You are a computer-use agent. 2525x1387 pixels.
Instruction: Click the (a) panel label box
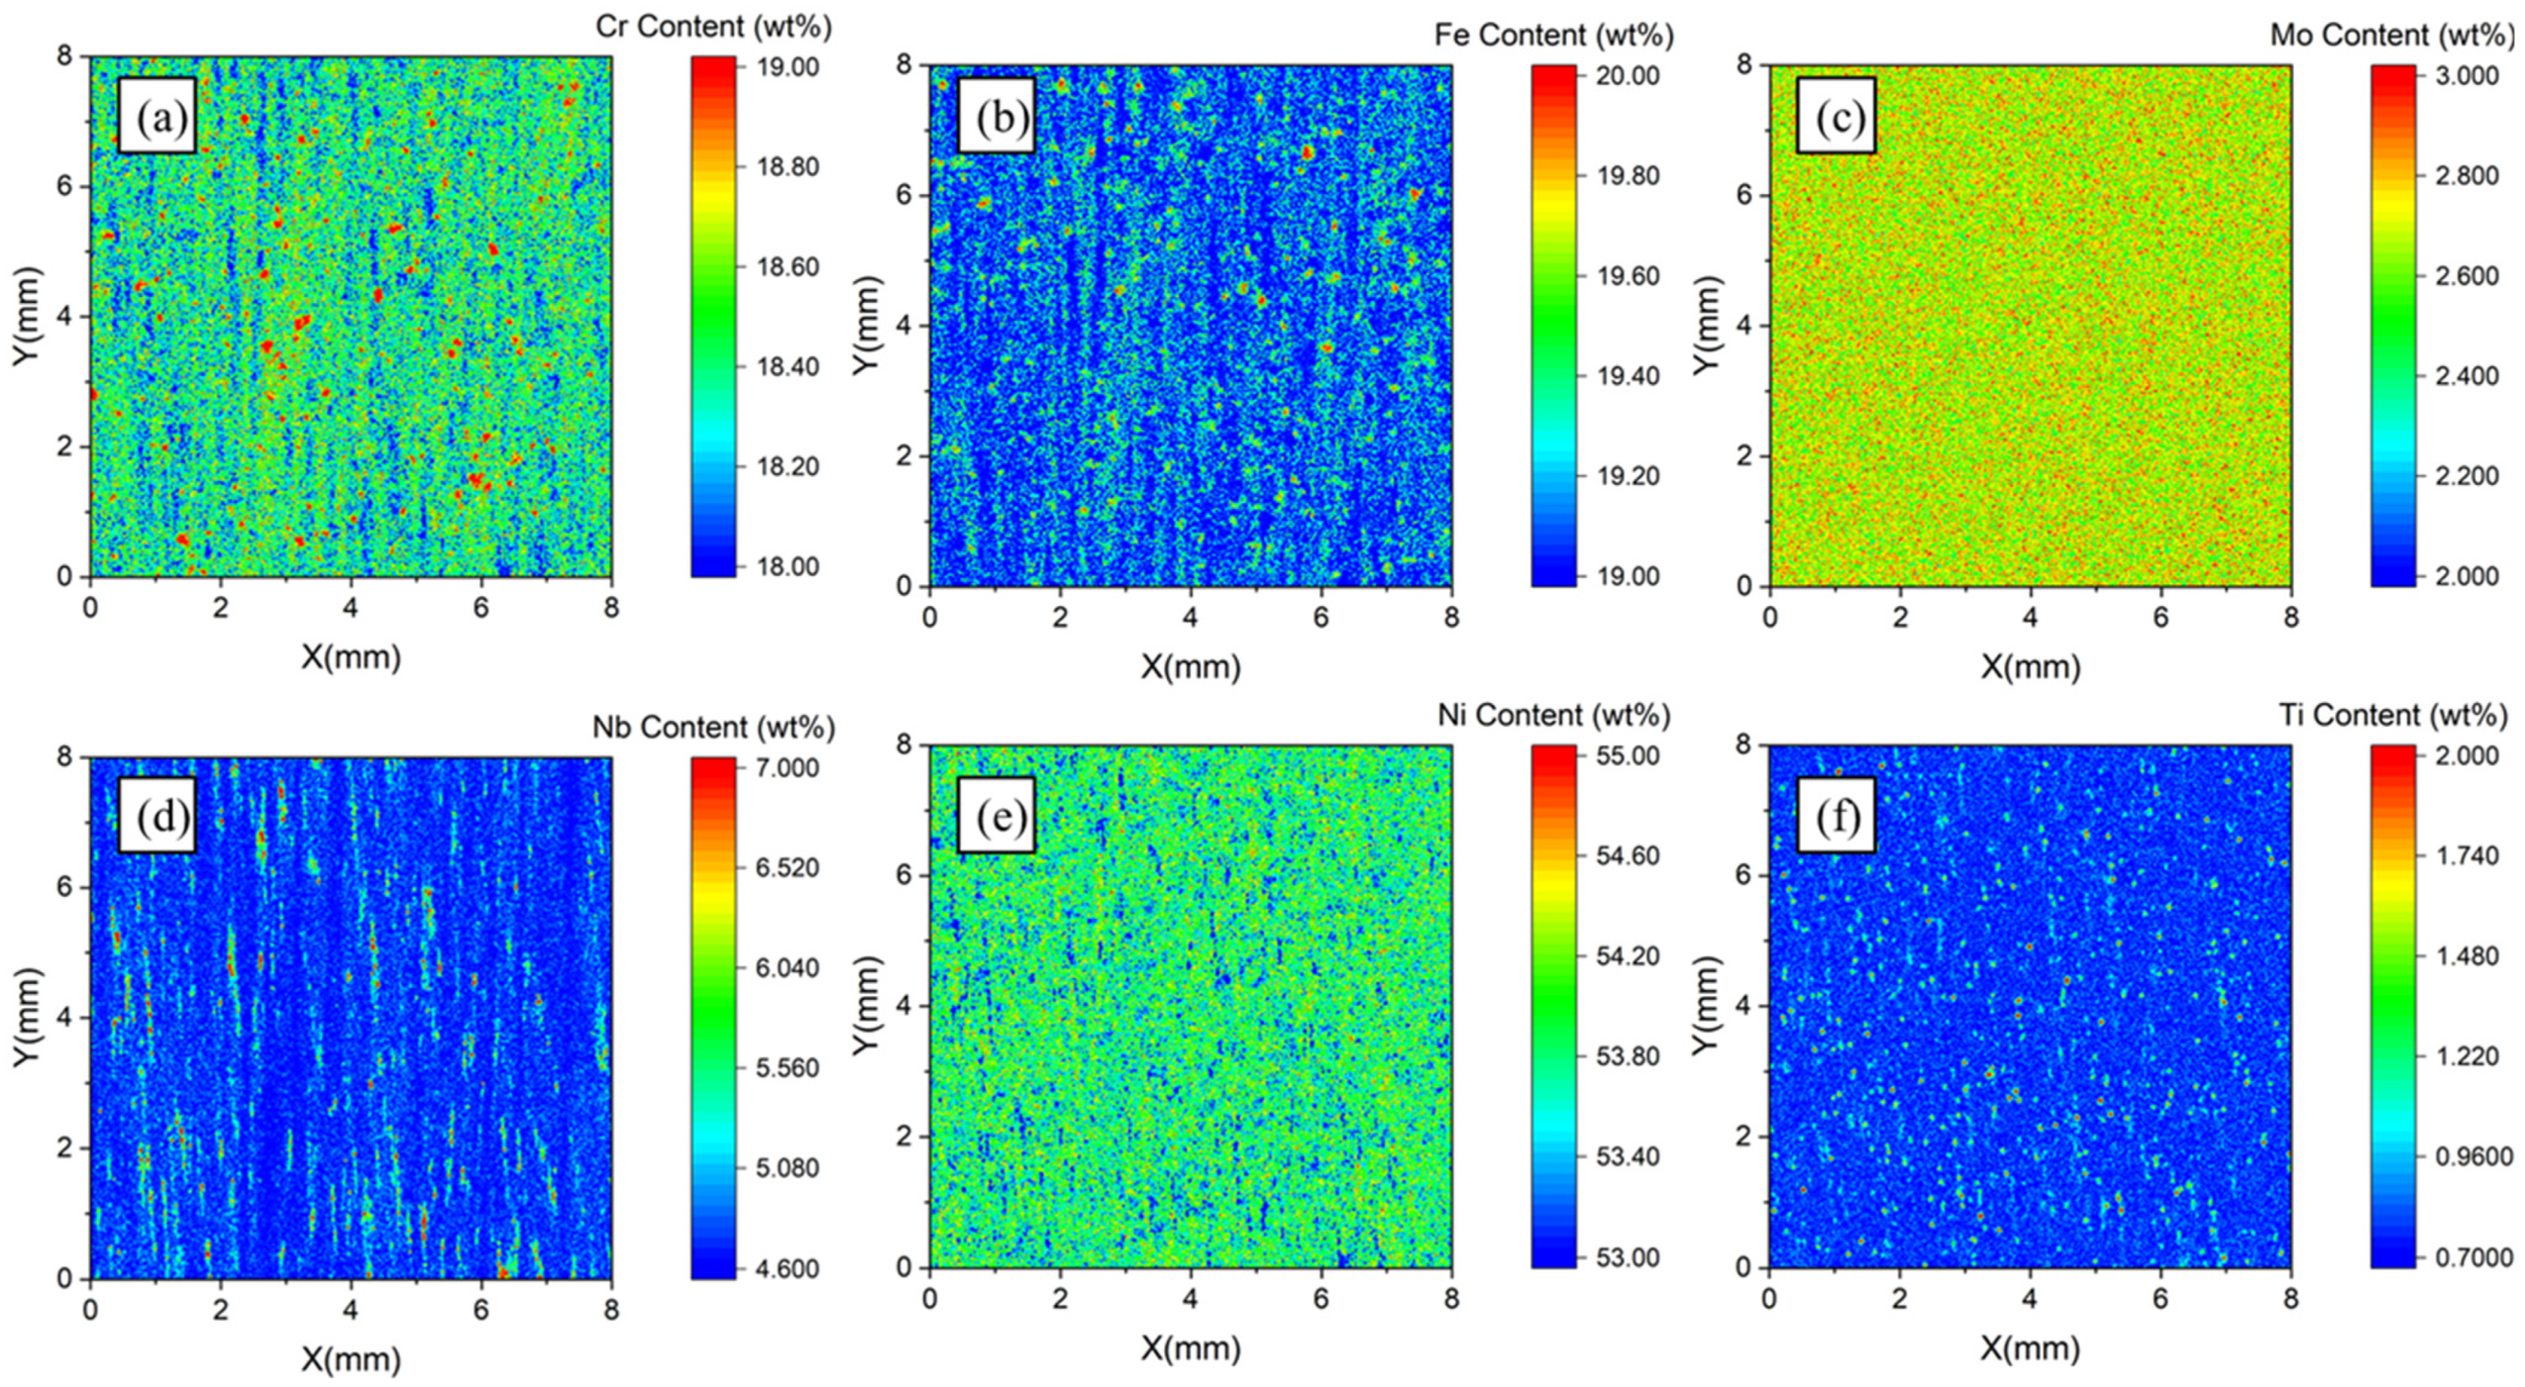[x=157, y=116]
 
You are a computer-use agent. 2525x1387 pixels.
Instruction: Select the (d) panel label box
[x=157, y=816]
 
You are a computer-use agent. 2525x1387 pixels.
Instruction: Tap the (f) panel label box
[x=1836, y=816]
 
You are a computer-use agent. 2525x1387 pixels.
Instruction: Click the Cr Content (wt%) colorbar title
[x=713, y=27]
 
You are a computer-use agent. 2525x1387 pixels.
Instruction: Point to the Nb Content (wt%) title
[x=713, y=726]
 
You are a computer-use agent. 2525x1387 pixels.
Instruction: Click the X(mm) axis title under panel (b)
[x=1190, y=667]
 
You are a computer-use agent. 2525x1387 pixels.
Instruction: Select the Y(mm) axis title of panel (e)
[x=863, y=1004]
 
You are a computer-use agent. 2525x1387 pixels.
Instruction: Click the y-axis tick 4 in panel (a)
[x=64, y=317]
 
